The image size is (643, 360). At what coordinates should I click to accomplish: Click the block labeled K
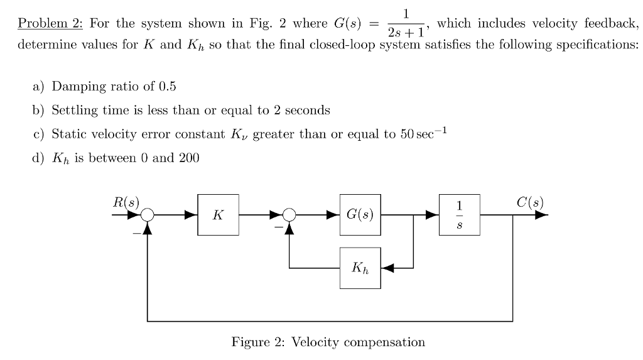[217, 215]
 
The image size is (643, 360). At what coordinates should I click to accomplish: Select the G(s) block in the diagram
[360, 215]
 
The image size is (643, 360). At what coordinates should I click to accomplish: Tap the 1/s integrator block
[460, 215]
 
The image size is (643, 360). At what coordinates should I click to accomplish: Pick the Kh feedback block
[360, 268]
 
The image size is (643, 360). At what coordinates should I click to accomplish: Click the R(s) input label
[126, 202]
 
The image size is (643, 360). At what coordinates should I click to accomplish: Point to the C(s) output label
[530, 202]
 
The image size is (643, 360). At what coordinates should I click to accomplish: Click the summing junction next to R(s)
[147, 215]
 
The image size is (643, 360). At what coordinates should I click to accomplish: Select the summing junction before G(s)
[289, 215]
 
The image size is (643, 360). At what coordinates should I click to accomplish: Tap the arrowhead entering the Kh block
[387, 268]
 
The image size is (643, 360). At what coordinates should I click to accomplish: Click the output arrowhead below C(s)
[541, 215]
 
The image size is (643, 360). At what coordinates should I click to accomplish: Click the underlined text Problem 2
[50, 24]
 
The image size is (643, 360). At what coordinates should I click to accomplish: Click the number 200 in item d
[189, 158]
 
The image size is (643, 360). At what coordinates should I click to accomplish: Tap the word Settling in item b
[73, 111]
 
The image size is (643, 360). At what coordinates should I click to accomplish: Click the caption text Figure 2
[257, 342]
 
